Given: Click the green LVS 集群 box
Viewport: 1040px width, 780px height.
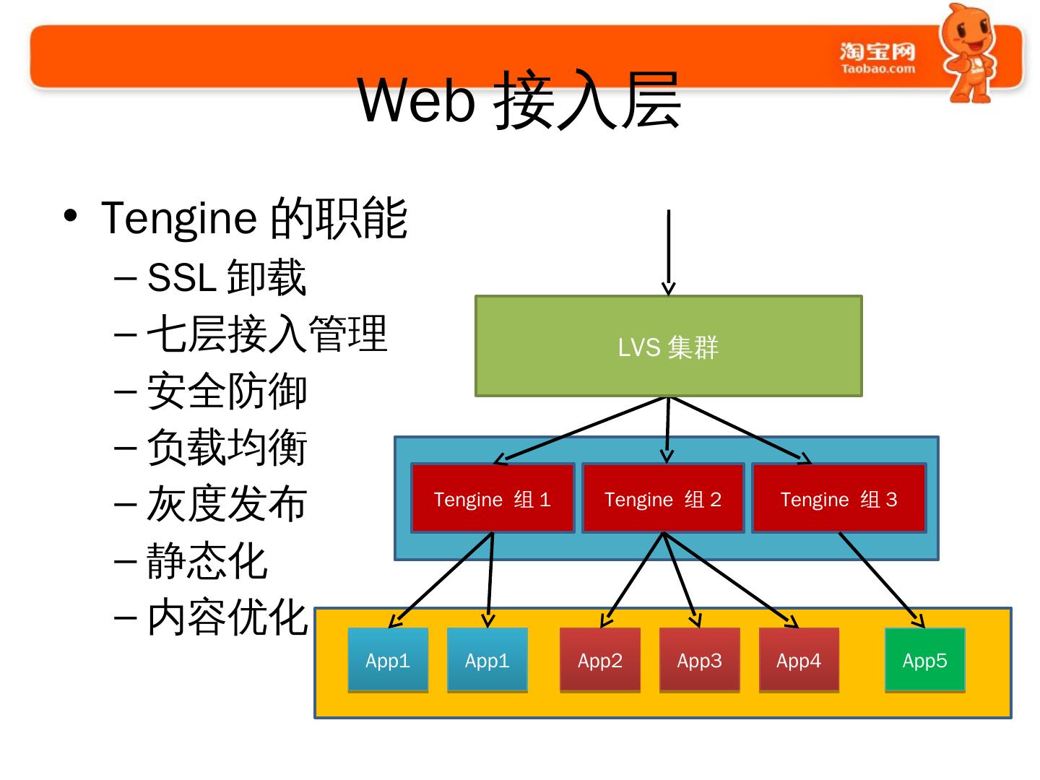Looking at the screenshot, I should pyautogui.click(x=668, y=347).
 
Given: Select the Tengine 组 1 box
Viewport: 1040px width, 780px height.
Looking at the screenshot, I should pyautogui.click(x=493, y=499).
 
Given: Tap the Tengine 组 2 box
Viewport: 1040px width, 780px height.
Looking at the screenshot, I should pyautogui.click(x=663, y=499).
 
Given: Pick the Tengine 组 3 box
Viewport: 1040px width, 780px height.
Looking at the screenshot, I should pyautogui.click(x=838, y=499).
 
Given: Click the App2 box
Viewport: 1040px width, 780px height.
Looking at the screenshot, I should pyautogui.click(x=599, y=660).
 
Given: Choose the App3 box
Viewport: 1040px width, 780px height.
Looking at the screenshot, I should pyautogui.click(x=699, y=660).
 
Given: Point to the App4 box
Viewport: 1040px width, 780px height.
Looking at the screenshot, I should pyautogui.click(x=798, y=660).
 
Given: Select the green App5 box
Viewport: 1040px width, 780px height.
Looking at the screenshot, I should pyautogui.click(x=924, y=660).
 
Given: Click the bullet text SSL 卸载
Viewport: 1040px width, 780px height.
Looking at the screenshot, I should pyautogui.click(x=226, y=277).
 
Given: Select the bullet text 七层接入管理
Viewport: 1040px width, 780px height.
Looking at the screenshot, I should pyautogui.click(x=266, y=334).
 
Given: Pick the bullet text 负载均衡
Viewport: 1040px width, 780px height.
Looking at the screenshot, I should pyautogui.click(x=227, y=448).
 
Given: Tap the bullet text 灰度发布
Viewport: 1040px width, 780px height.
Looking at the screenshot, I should pyautogui.click(x=227, y=504).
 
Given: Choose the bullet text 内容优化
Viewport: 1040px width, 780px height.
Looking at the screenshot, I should pyautogui.click(x=227, y=618).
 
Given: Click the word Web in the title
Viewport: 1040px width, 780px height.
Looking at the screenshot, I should pyautogui.click(x=417, y=100).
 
